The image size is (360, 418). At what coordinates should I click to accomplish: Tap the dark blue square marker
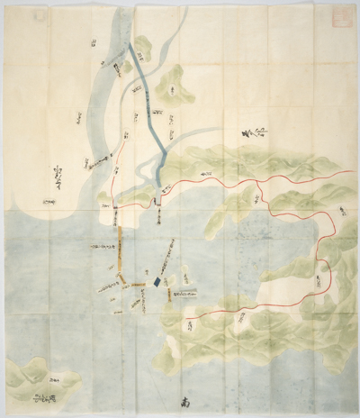158,284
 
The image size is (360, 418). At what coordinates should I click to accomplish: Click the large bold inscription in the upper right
254,135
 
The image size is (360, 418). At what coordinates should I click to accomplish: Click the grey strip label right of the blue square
185,291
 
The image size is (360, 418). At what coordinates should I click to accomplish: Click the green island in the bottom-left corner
27,378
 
